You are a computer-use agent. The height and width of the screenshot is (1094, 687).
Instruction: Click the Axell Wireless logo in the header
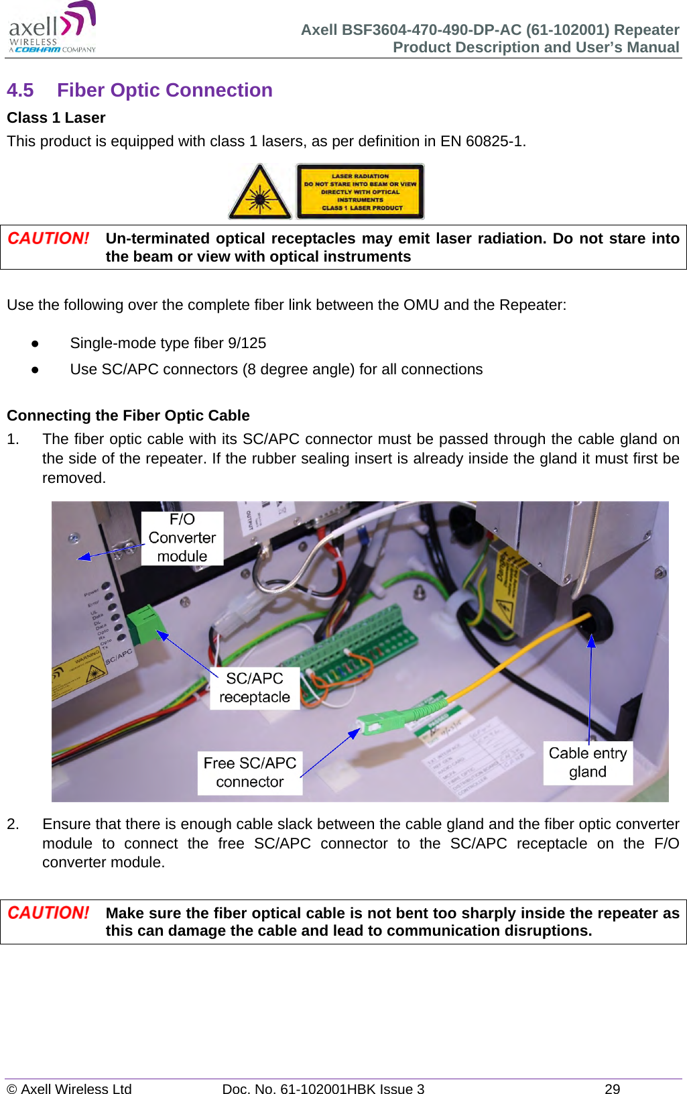52,28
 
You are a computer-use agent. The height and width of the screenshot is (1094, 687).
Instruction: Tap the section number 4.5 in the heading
20,90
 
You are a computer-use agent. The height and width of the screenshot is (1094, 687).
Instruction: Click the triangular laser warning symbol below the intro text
260,192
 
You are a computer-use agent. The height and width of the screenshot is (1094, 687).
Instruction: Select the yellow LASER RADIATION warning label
360,192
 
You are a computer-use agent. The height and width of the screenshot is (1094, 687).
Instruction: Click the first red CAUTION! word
48,239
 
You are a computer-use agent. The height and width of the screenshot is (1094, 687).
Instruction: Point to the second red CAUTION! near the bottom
48,913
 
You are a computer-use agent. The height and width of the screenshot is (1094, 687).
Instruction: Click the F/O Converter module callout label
182,538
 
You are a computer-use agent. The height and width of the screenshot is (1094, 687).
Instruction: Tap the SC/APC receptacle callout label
254,688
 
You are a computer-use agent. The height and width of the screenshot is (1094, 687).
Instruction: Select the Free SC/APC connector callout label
249,773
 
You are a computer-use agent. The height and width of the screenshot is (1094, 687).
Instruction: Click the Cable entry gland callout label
587,763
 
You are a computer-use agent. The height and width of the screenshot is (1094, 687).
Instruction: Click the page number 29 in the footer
612,1089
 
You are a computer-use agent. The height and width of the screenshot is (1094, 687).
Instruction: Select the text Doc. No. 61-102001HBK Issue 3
323,1089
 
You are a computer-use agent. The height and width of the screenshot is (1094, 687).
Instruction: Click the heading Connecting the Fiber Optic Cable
128,415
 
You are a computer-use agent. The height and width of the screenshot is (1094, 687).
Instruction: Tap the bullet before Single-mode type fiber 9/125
34,343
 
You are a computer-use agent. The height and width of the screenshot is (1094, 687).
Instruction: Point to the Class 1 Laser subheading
56,117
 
